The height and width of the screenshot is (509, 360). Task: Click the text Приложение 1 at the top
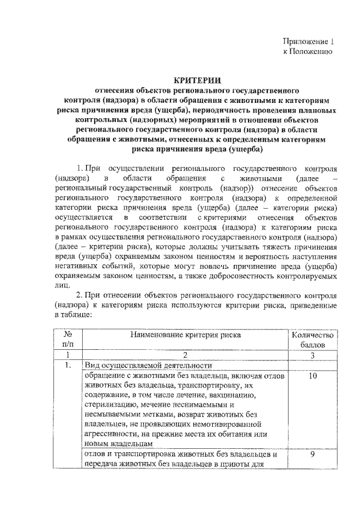[x=308, y=42]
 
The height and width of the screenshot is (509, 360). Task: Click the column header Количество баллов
[x=313, y=340]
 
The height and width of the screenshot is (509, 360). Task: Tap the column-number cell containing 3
[x=313, y=355]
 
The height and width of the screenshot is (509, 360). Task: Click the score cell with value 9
[x=313, y=454]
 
